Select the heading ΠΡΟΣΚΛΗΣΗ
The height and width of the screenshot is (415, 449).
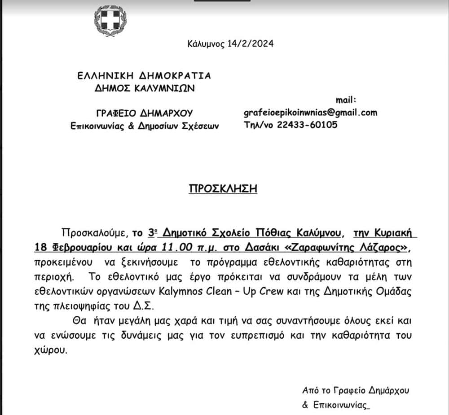pos(223,188)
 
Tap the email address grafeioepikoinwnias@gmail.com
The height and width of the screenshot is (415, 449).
pos(310,113)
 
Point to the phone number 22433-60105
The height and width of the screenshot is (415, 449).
pos(309,125)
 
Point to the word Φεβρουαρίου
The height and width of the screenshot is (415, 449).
pos(70,248)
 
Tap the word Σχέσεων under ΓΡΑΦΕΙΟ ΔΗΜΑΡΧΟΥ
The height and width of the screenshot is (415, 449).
pos(201,126)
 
